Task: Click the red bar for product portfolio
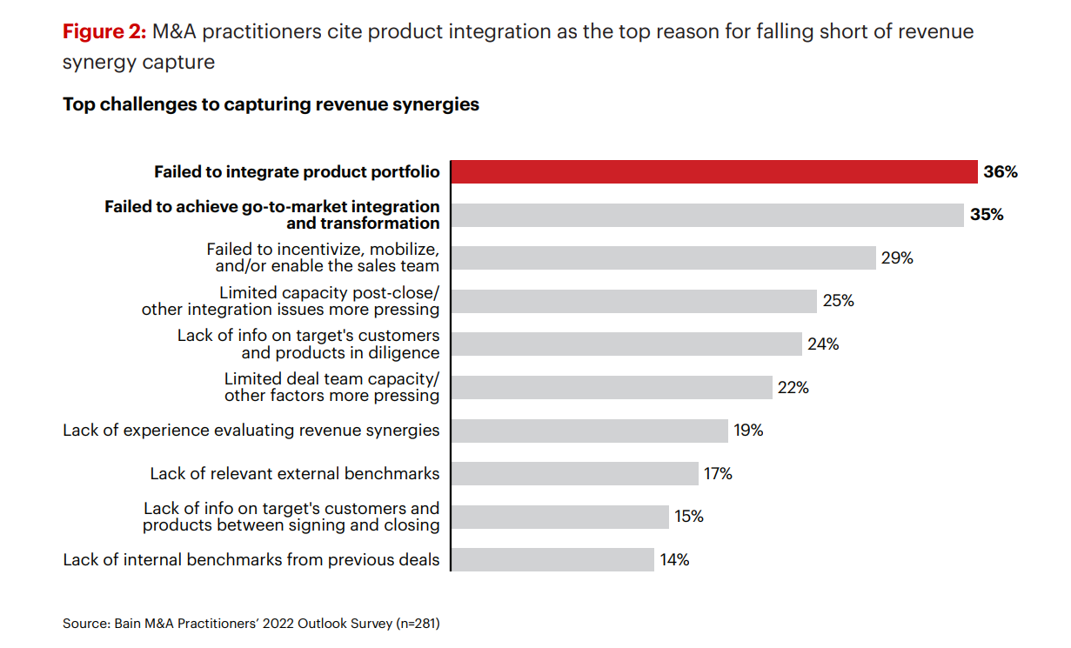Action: (x=713, y=172)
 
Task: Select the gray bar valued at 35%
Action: (x=707, y=215)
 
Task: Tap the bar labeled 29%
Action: (x=663, y=258)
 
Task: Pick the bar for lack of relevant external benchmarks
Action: (x=574, y=473)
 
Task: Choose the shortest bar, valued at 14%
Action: (x=552, y=559)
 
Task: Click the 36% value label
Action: (x=1001, y=172)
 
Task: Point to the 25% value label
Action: (x=839, y=301)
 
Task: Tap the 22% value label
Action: (x=793, y=388)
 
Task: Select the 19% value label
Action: (x=748, y=431)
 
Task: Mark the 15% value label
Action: (x=689, y=517)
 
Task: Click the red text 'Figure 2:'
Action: (x=104, y=32)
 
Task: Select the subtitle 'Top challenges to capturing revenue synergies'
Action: (x=271, y=104)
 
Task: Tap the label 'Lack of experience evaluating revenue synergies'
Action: (x=251, y=431)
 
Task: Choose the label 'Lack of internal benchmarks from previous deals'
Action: (x=251, y=559)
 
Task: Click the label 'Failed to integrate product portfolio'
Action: (x=297, y=172)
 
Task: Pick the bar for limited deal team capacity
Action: (x=612, y=388)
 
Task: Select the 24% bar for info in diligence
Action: (x=626, y=344)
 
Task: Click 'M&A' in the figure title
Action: (x=174, y=32)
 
